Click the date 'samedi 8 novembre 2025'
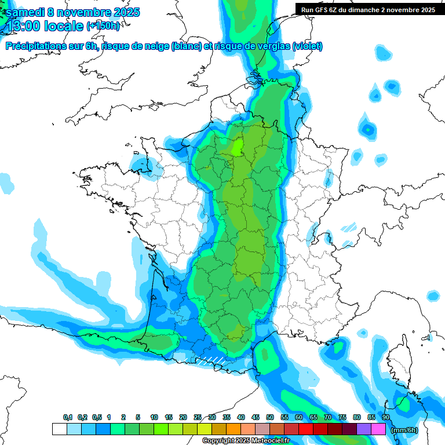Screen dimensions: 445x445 click(72, 12)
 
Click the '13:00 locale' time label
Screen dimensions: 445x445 click(44, 26)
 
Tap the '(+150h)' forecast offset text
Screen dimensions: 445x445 click(103, 26)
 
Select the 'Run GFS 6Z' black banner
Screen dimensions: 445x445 click(367, 9)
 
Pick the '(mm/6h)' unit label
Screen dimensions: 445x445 click(404, 430)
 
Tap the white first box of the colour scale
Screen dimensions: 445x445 click(59, 429)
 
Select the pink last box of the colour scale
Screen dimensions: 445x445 click(378, 429)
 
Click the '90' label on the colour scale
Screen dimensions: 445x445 click(385, 417)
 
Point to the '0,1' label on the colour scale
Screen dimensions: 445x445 click(67, 417)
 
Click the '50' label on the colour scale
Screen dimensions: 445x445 click(269, 417)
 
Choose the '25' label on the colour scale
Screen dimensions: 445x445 click(197, 417)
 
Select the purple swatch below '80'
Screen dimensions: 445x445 click(364, 429)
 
